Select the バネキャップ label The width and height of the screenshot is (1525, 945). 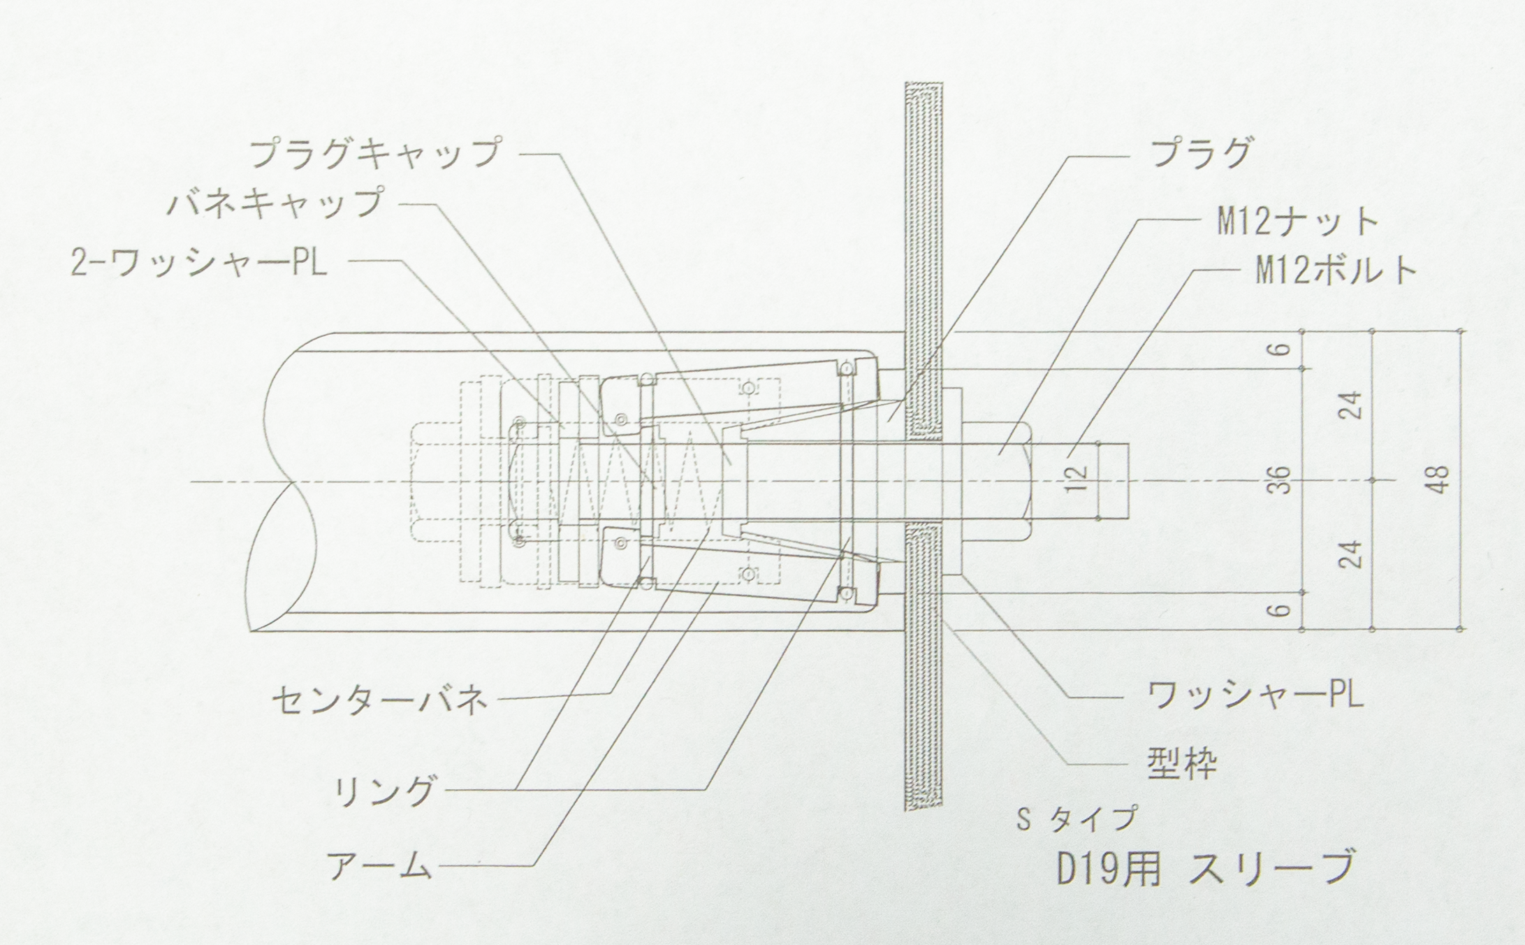tap(275, 204)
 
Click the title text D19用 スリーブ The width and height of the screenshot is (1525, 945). tap(1204, 869)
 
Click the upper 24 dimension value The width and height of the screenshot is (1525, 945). tap(1353, 405)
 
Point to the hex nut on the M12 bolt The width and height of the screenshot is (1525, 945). tap(997, 482)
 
